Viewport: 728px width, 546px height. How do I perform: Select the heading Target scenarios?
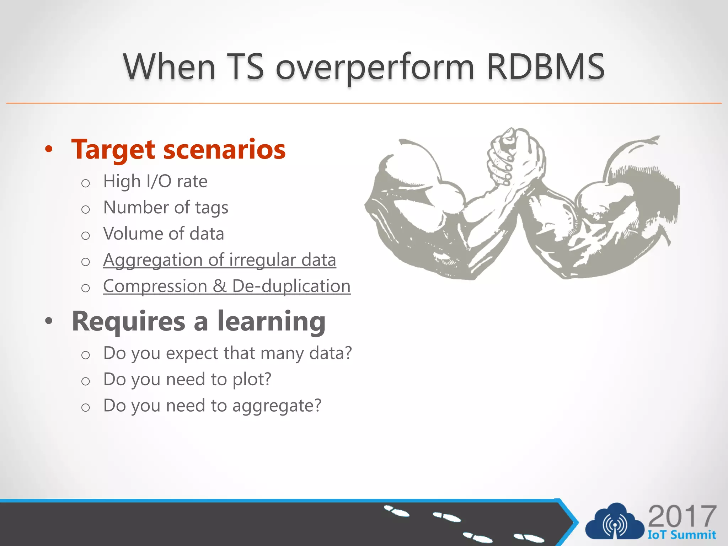pyautogui.click(x=178, y=149)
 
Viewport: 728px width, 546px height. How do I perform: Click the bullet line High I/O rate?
pyautogui.click(x=155, y=181)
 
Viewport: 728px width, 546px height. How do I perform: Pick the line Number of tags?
pyautogui.click(x=166, y=208)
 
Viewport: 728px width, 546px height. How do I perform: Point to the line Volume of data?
pyautogui.click(x=164, y=234)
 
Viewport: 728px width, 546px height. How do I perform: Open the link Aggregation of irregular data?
pyautogui.click(x=219, y=260)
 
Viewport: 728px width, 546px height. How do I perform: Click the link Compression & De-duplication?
pyautogui.click(x=227, y=286)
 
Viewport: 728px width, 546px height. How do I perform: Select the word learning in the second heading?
pyautogui.click(x=272, y=321)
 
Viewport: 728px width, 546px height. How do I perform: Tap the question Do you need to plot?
pyautogui.click(x=187, y=379)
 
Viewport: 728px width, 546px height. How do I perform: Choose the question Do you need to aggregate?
pyautogui.click(x=212, y=406)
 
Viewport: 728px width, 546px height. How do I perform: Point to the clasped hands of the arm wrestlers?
pyautogui.click(x=512, y=156)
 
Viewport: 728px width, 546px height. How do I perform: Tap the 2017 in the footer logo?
pyautogui.click(x=682, y=516)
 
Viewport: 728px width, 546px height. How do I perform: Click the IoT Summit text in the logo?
pyautogui.click(x=681, y=535)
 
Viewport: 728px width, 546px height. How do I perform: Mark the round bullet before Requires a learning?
pyautogui.click(x=49, y=321)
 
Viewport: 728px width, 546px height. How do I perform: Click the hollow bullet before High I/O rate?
pyautogui.click(x=85, y=183)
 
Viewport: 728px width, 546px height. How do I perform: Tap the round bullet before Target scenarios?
pyautogui.click(x=49, y=149)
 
